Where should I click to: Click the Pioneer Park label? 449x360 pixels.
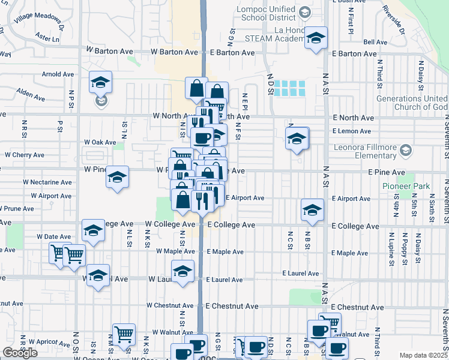[x=406, y=186]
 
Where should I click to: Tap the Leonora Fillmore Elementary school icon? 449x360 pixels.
[x=406, y=149]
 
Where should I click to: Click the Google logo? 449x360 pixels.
[x=20, y=353]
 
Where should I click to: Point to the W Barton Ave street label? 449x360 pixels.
[x=112, y=52]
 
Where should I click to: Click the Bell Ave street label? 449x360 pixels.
[x=375, y=42]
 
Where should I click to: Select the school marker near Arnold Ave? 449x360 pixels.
[x=101, y=82]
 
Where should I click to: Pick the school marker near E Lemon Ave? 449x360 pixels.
[x=297, y=138]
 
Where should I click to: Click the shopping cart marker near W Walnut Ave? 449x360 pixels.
[x=124, y=334]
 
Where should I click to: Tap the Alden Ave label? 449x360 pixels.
[x=31, y=94]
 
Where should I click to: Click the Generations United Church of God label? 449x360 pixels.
[x=412, y=103]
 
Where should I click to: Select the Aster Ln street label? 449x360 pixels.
[x=48, y=39]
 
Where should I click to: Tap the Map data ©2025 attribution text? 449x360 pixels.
[x=423, y=355]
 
